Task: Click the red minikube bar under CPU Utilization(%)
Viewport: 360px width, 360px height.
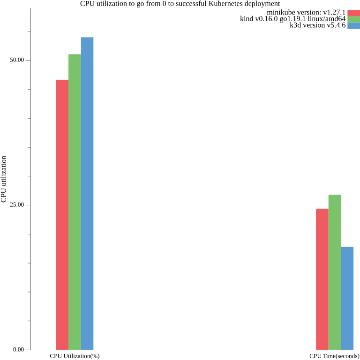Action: pyautogui.click(x=62, y=215)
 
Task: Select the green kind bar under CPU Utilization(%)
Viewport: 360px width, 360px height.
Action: pyautogui.click(x=75, y=202)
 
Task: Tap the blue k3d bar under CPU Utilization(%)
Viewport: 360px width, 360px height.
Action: pyautogui.click(x=87, y=194)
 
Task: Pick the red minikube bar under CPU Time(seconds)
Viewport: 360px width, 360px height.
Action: pyautogui.click(x=322, y=279)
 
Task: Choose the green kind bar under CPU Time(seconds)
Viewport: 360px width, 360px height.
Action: pyautogui.click(x=335, y=272)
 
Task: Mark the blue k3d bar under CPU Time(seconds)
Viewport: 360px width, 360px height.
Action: pyautogui.click(x=347, y=298)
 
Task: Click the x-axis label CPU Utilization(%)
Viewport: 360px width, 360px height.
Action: pyautogui.click(x=75, y=356)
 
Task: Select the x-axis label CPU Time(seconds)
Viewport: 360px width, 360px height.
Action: pyautogui.click(x=334, y=356)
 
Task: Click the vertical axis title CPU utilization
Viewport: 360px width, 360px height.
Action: pyautogui.click(x=4, y=179)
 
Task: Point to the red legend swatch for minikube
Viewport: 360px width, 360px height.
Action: pyautogui.click(x=353, y=13)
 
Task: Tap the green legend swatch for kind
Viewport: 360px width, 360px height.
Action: pyautogui.click(x=353, y=19)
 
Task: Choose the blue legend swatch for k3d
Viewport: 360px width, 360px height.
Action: pyautogui.click(x=353, y=26)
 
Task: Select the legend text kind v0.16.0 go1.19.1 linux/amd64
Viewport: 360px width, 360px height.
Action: pyautogui.click(x=292, y=19)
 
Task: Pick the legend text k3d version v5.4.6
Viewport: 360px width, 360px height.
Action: pyautogui.click(x=318, y=26)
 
